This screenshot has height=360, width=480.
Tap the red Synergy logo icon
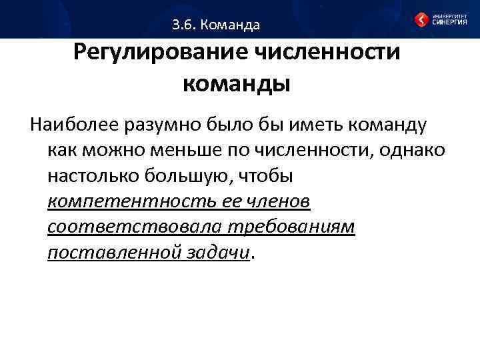(421, 19)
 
